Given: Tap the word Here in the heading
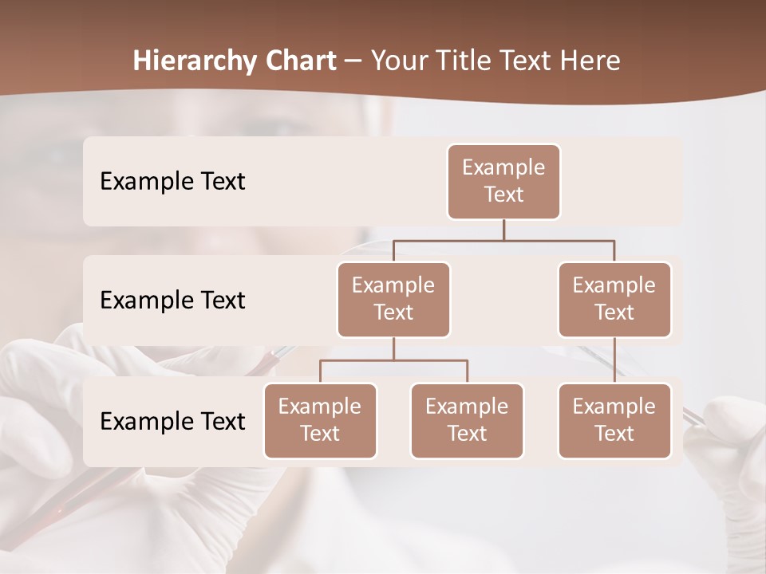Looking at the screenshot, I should (590, 61).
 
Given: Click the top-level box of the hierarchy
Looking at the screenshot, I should (503, 182).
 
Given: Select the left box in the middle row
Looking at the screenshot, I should (393, 300).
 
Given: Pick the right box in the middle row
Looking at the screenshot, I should (614, 300).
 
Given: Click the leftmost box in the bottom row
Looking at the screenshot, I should (320, 421).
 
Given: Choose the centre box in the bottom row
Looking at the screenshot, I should (467, 421).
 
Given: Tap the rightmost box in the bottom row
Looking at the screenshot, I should (614, 421).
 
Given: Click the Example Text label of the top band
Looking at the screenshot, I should (172, 182).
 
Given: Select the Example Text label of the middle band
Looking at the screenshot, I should (172, 301).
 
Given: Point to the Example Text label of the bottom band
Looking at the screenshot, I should (172, 422).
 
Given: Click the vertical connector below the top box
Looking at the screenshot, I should (503, 230).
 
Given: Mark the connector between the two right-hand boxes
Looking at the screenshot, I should (614, 360).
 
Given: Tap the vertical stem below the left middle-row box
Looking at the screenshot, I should (393, 348).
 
